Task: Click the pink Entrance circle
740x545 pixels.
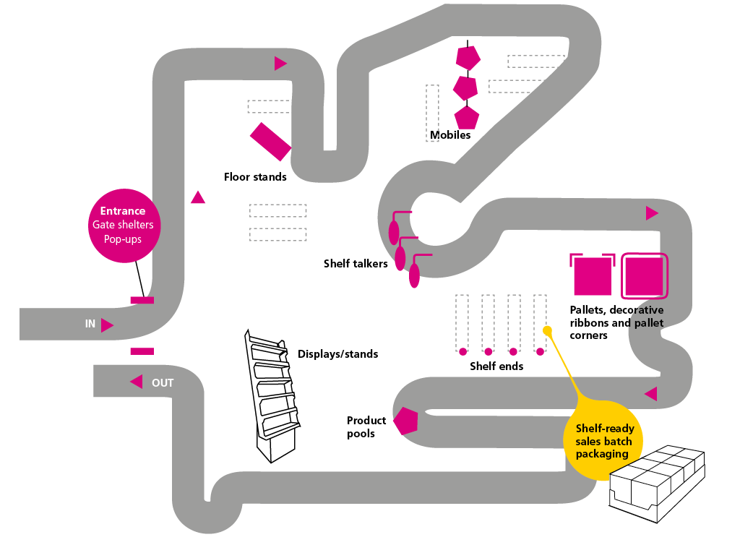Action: (123, 225)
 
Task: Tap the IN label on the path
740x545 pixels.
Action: (90, 325)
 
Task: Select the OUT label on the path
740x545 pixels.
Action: (163, 383)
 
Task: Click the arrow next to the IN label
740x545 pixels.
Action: (107, 325)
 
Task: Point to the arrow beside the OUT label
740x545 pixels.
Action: (136, 382)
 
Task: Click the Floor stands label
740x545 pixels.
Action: (255, 177)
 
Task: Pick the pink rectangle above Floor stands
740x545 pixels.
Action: (270, 141)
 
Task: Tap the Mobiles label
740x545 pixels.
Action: (450, 135)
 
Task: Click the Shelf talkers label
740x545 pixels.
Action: (356, 264)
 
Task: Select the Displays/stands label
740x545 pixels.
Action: (337, 354)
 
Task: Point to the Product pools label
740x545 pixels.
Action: (366, 427)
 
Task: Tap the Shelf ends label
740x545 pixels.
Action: (496, 366)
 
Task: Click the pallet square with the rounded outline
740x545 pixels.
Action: (643, 275)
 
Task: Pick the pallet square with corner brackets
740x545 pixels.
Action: (593, 275)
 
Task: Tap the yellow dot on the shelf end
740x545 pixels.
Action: (547, 330)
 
